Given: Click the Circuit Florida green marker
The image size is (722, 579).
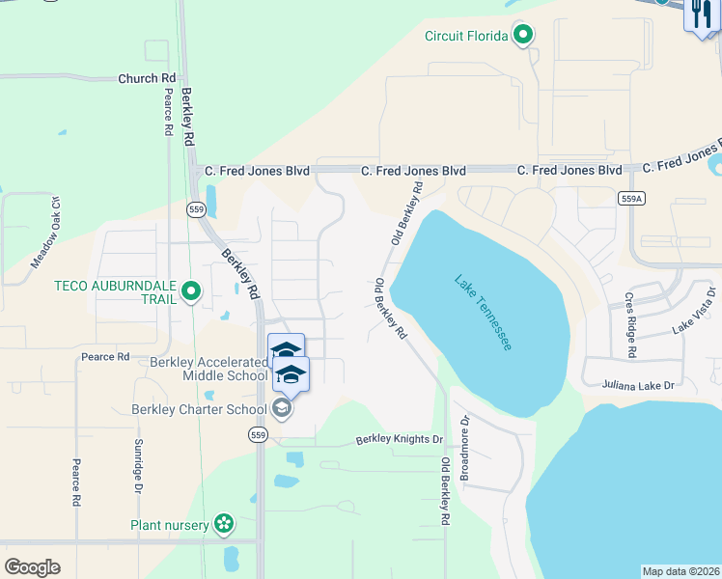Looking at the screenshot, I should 523,37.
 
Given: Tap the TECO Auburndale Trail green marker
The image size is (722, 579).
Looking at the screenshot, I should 191,289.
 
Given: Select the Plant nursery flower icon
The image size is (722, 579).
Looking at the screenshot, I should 224,525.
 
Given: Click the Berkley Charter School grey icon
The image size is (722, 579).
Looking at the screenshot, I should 281,408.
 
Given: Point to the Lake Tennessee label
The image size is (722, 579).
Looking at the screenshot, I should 483,313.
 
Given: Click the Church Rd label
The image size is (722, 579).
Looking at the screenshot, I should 148,78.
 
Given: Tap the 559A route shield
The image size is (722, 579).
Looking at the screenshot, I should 630,197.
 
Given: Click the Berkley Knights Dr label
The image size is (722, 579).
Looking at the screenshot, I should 399,439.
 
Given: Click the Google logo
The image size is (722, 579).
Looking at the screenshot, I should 32,567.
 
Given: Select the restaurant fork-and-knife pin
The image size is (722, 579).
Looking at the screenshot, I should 701,14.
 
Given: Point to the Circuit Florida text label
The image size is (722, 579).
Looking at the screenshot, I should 466,37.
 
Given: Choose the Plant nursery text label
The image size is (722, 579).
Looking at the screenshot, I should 170,526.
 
